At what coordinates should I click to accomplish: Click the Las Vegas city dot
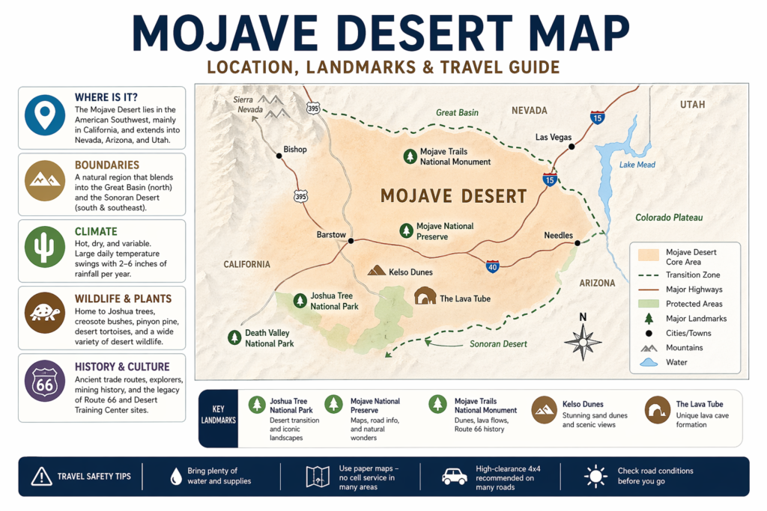(572, 147)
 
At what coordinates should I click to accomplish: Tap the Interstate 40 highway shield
(492, 266)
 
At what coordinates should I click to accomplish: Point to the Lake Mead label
(637, 165)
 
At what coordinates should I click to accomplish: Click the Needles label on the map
(558, 235)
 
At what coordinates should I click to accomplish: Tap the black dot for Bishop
(279, 156)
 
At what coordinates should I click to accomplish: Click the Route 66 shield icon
(46, 382)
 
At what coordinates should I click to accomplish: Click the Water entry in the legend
(676, 363)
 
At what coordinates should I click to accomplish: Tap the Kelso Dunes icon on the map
(377, 271)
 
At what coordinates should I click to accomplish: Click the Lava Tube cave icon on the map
(425, 296)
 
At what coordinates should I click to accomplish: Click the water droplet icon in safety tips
(176, 476)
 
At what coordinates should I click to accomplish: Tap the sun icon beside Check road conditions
(595, 476)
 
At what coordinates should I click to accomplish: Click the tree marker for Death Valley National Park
(234, 337)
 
